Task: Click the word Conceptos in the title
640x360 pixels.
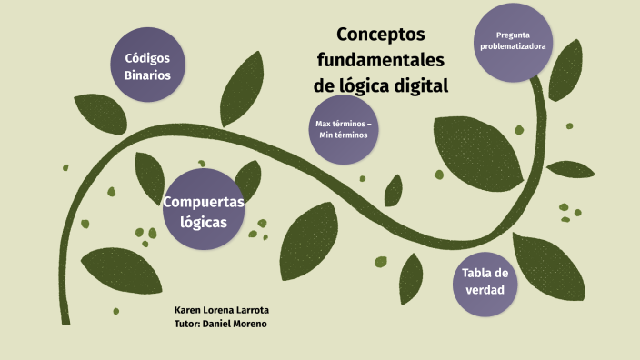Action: tap(381, 35)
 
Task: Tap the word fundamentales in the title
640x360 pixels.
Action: tap(381, 61)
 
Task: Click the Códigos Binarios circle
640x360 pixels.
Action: tap(147, 65)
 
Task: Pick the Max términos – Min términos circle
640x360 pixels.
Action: tap(343, 129)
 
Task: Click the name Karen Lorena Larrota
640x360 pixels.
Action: tap(222, 310)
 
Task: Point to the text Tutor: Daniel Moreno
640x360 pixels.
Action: tap(220, 324)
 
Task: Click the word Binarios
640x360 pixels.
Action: tap(147, 75)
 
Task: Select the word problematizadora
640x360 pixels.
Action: tap(514, 46)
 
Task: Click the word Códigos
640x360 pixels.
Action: tap(147, 57)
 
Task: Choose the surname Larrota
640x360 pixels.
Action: tap(250, 310)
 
